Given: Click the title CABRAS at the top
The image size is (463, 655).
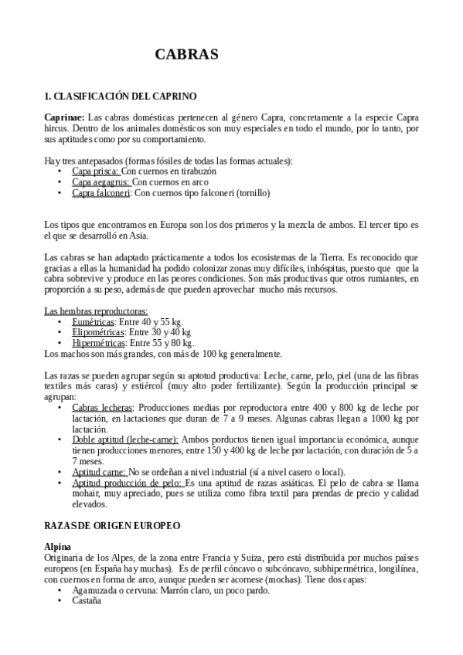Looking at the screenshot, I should pyautogui.click(x=186, y=54).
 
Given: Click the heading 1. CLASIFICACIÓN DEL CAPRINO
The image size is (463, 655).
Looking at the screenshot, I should pyautogui.click(x=121, y=97).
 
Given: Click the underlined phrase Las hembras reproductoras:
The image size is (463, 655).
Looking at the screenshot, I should pyautogui.click(x=96, y=311).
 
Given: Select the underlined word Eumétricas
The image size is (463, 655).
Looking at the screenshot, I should pyautogui.click(x=93, y=321).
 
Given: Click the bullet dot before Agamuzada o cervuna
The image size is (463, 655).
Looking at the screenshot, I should pyautogui.click(x=60, y=591).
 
